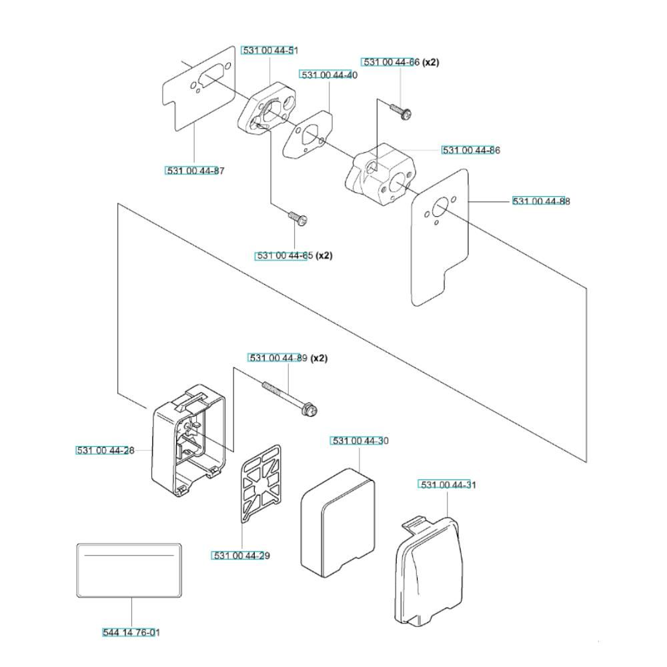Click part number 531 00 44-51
(270, 51)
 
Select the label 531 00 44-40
(329, 75)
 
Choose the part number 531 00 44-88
(541, 201)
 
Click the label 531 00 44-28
(105, 450)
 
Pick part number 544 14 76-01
(131, 632)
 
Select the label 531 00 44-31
(448, 485)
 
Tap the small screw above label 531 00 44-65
(297, 217)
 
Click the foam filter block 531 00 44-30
(338, 524)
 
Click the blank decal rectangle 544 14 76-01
(129, 570)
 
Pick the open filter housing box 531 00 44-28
(189, 440)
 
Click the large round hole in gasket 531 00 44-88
(439, 209)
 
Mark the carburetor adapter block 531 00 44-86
(379, 174)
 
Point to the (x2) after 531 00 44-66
(430, 62)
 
